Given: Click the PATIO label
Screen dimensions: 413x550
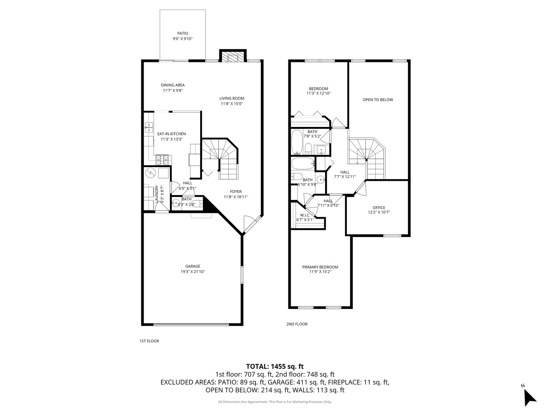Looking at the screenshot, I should click(x=183, y=33).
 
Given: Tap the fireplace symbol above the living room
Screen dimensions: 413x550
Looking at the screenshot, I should click(x=232, y=57).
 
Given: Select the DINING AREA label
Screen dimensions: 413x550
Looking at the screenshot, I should click(x=173, y=85).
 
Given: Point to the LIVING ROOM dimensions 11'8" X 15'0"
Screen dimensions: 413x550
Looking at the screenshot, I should click(x=231, y=104).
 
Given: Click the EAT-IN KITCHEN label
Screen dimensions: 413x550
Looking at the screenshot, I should click(x=171, y=134).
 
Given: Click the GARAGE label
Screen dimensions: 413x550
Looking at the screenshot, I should click(x=193, y=267).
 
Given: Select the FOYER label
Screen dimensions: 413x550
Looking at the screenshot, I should click(x=236, y=192).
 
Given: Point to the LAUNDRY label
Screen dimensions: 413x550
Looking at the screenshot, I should click(x=157, y=194).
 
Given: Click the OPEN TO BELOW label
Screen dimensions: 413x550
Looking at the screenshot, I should click(x=378, y=100).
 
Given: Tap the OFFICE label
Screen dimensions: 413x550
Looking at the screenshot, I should click(x=379, y=208).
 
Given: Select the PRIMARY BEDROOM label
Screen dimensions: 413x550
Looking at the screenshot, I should click(x=320, y=267).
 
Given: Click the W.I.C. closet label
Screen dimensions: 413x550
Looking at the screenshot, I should click(x=305, y=215).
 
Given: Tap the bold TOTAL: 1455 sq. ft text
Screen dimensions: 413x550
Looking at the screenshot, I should click(x=275, y=366).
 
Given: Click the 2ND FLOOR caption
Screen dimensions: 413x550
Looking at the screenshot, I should click(x=297, y=324).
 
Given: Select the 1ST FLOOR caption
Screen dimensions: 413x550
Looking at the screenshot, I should click(x=149, y=341).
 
